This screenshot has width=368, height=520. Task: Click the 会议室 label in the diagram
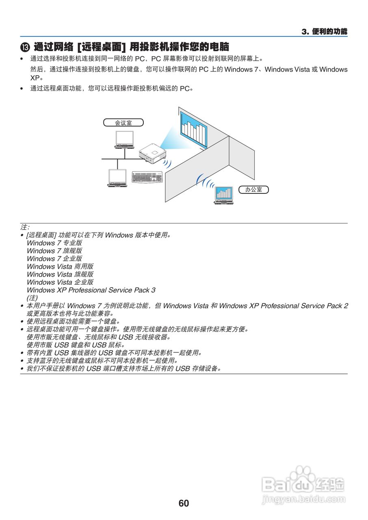[x=123, y=123]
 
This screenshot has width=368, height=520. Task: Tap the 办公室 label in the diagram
[x=254, y=189]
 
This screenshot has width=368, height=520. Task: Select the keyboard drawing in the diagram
[x=147, y=178]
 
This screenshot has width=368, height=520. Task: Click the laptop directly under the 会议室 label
[x=124, y=139]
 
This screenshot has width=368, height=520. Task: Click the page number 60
[x=184, y=503]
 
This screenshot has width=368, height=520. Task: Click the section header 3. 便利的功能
[x=325, y=32]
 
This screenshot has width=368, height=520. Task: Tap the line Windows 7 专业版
[x=54, y=243]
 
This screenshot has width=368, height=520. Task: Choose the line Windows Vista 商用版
[x=60, y=266]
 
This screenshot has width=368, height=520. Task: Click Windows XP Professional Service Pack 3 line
[x=91, y=290]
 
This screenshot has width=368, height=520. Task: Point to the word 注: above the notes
[x=25, y=227]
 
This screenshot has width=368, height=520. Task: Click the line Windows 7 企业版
[x=54, y=259]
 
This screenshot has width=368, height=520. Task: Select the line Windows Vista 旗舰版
[x=60, y=274]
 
